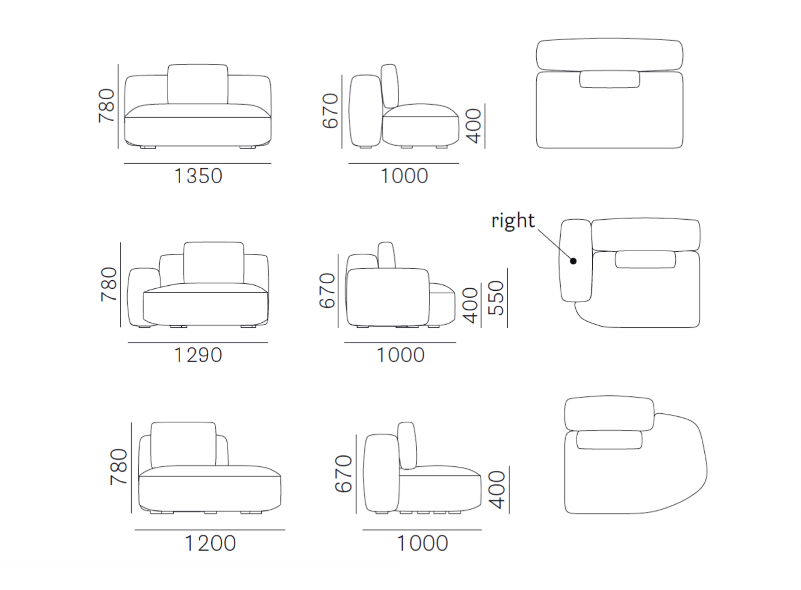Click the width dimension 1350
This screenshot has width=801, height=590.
point(198,176)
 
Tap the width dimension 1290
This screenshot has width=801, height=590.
point(198,355)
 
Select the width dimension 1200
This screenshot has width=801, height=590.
point(210,543)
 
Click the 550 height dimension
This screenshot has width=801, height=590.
point(496,298)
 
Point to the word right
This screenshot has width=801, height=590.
point(513,221)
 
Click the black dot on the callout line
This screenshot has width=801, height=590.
point(573,261)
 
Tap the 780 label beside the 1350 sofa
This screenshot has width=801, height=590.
point(107,106)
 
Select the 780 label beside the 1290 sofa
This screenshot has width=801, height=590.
point(109,284)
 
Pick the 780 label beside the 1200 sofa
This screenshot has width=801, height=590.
point(119,467)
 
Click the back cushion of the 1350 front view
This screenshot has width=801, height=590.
point(198,85)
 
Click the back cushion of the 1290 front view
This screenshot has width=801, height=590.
point(214,263)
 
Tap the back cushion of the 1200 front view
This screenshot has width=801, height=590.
point(183,444)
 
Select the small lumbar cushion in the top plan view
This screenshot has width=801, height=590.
point(610,79)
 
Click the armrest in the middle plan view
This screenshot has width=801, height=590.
point(575,261)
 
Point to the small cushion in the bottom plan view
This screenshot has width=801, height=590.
point(609,439)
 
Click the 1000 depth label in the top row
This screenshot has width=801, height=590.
point(404,176)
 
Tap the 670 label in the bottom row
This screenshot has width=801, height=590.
point(343,474)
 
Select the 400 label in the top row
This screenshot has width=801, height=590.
point(475,126)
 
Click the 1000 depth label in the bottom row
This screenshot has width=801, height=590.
point(423,543)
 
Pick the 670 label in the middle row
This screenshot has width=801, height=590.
point(327,291)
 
